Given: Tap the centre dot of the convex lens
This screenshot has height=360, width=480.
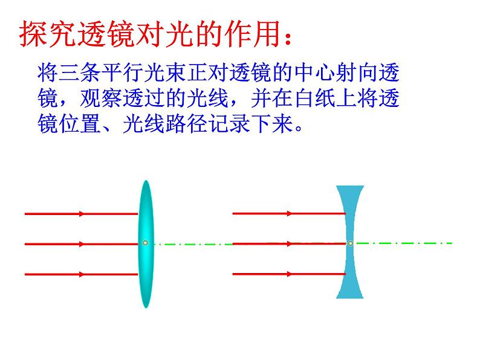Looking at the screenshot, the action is pyautogui.click(x=145, y=243).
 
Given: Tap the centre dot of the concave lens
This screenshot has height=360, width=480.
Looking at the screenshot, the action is pyautogui.click(x=351, y=243).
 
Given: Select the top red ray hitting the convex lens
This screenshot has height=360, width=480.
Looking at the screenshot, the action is pyautogui.click(x=79, y=213).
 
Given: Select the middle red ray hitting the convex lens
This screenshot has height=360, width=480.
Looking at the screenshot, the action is pyautogui.click(x=79, y=244).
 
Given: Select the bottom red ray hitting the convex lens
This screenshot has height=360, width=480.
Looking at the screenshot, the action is pyautogui.click(x=79, y=274).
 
